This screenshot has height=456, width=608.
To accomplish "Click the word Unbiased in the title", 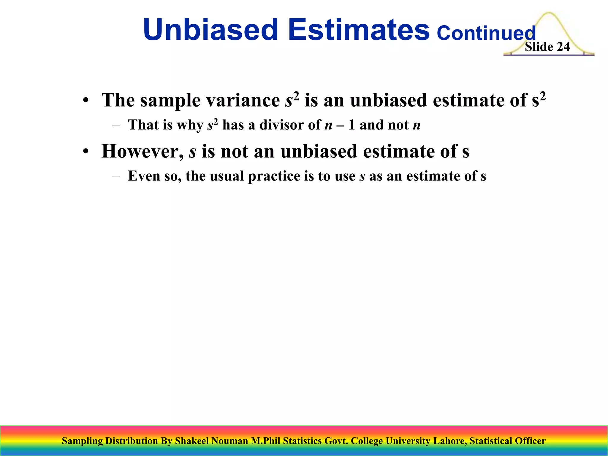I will (210, 30).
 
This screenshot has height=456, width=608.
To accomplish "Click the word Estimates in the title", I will (359, 30).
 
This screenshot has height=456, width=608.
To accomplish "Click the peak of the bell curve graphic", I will (549, 13).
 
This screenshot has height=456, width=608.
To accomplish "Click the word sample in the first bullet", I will (170, 101).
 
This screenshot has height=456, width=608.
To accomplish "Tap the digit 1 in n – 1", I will (351, 125).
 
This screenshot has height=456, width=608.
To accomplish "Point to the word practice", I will (274, 176).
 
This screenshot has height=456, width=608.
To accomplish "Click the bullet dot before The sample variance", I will (86, 101).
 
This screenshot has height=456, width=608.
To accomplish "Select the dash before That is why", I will (116, 125).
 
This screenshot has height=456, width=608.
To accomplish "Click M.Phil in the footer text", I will (265, 441).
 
